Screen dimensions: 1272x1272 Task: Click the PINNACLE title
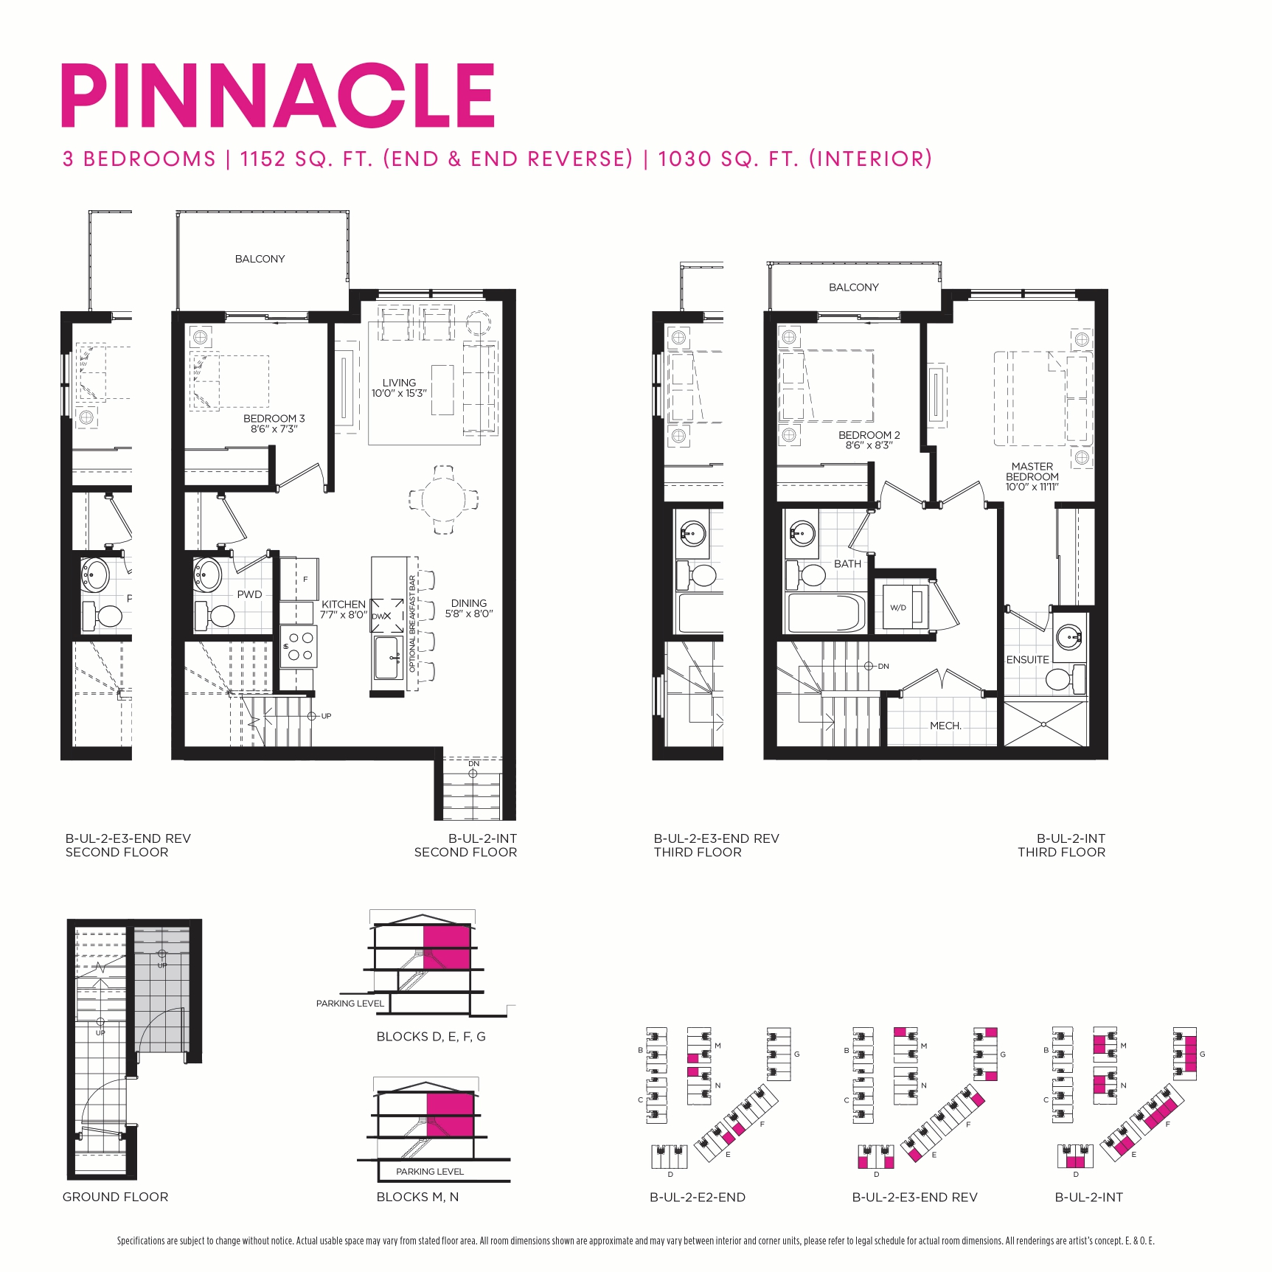point(277,96)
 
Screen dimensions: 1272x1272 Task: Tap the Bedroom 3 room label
point(274,418)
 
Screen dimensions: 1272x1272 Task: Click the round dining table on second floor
point(443,499)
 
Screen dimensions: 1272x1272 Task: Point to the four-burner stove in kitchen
point(299,647)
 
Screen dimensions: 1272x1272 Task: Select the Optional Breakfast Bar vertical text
point(412,623)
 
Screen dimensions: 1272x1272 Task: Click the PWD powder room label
point(249,594)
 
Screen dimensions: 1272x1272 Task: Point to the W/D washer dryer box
point(898,608)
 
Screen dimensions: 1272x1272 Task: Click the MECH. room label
point(945,726)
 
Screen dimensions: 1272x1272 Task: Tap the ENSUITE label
point(1027,659)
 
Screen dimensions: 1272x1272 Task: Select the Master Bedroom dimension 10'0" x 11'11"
point(1032,487)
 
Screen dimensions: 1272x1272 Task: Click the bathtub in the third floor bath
point(826,613)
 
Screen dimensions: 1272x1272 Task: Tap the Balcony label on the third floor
point(853,287)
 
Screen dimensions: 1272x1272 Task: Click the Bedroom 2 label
point(869,435)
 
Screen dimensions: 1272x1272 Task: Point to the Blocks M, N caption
point(417,1197)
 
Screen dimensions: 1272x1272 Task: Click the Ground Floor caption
point(115,1197)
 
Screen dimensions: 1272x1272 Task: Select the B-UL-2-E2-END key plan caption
point(697,1198)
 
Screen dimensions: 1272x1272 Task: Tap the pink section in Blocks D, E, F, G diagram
point(446,947)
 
